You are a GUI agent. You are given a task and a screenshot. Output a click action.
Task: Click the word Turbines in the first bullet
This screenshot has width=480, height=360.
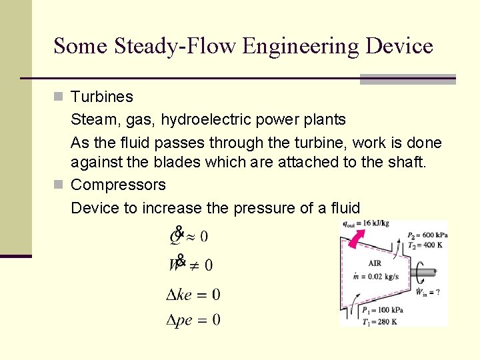pos(102,97)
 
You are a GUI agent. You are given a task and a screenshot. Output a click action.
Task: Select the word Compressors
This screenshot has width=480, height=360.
pos(118,185)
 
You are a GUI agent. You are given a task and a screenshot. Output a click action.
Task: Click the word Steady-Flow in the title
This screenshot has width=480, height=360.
pos(175,46)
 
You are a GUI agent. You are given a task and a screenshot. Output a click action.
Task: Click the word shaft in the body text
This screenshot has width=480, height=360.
pos(406,162)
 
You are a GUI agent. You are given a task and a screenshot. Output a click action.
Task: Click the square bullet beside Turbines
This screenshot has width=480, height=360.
pos(59,97)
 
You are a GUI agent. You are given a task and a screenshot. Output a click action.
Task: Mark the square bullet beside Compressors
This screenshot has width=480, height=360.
pos(59,185)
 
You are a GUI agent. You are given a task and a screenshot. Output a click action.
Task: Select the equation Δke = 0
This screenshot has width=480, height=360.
pos(193,294)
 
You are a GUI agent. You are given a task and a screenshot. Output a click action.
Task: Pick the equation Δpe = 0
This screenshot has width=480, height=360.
pos(193,320)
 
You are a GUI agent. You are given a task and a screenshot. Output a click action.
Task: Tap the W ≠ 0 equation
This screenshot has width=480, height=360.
pos(191,265)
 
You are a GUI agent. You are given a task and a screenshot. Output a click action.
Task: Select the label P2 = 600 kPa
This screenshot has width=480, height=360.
pos(427,235)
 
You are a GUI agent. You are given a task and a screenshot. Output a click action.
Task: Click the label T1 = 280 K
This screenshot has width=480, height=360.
pos(379,322)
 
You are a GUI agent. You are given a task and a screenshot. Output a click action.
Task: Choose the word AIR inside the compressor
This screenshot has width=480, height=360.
pos(374,263)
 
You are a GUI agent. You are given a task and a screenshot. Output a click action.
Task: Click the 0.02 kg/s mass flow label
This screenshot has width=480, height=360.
pos(377,275)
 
